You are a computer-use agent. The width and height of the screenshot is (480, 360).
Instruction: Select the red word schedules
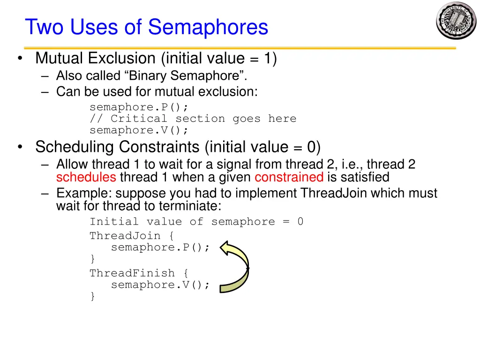[x=86, y=177]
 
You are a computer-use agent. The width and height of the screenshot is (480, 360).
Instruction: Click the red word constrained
[x=289, y=177]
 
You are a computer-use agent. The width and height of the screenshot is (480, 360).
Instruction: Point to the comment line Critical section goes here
[x=193, y=119]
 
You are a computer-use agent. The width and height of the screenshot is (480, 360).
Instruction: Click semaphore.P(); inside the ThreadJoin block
[x=160, y=247]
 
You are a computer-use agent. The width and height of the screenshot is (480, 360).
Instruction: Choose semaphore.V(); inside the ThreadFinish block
[x=160, y=285]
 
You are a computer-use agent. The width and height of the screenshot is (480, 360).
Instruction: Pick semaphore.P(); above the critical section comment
[x=139, y=107]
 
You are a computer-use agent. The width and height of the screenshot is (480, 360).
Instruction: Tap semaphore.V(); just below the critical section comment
[x=139, y=130]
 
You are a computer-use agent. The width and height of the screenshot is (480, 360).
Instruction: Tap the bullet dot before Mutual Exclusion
[x=19, y=59]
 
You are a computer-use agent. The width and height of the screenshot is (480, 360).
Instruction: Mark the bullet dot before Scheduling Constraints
[x=19, y=148]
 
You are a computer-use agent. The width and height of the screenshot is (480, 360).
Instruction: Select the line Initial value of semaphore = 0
[x=196, y=222]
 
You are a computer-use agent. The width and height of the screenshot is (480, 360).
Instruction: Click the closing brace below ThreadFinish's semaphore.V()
[x=92, y=296]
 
